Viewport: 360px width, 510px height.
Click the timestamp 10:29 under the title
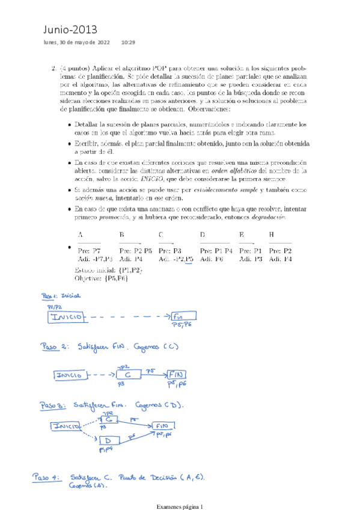128,43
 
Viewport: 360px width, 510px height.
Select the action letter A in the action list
81,235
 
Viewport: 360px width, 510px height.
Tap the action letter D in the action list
202,235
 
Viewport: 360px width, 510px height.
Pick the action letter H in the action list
272,235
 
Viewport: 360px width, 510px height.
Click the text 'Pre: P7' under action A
90,250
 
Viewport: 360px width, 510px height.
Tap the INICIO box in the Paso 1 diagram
69,317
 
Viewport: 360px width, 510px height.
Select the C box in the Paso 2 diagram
127,375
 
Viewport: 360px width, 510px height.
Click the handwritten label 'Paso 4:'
47,478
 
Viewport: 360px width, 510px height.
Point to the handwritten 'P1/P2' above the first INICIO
55,307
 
